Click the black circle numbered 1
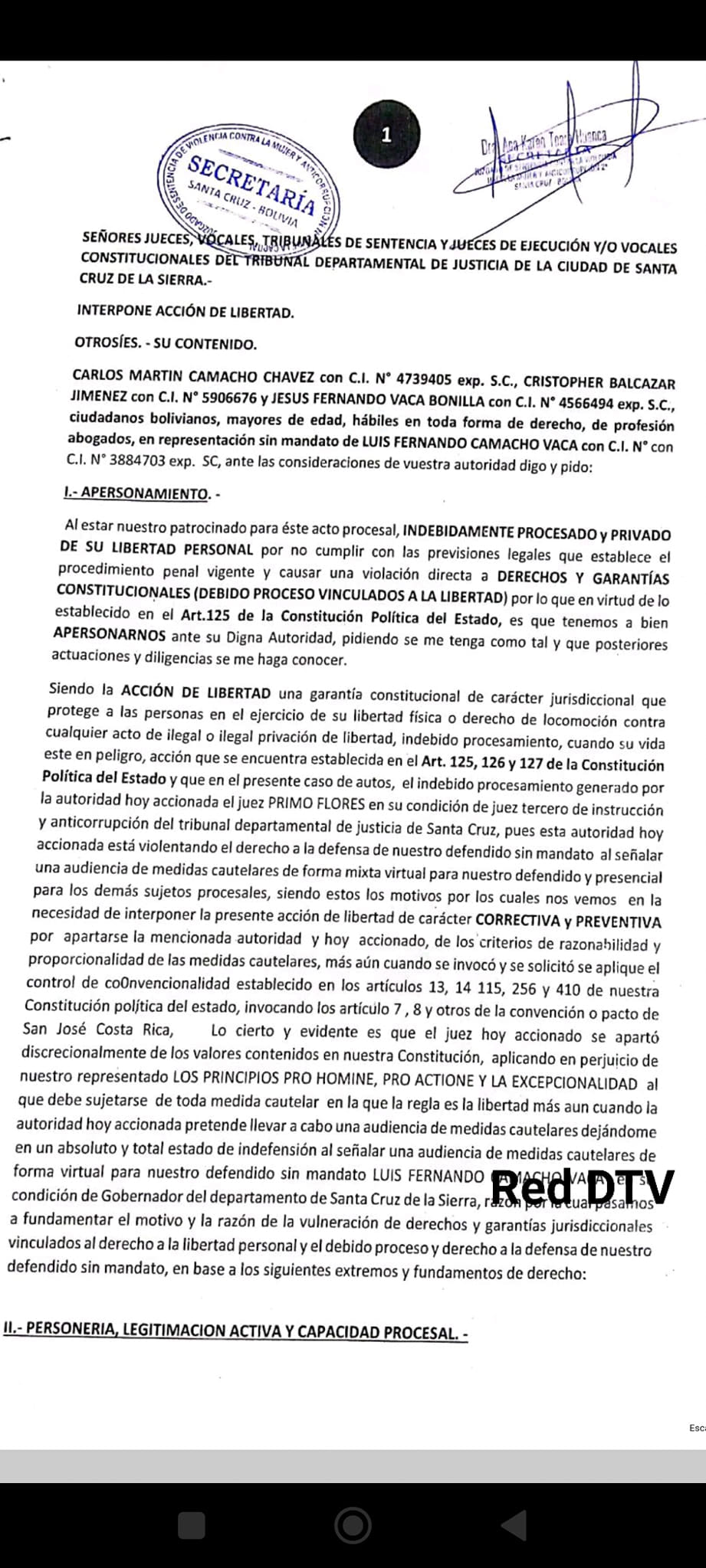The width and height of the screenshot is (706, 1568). point(386,135)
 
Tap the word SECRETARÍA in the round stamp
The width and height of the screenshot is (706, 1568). point(251,185)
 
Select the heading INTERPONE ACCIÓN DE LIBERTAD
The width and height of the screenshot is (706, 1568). point(186,312)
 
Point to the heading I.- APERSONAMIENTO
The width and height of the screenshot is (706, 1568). point(141,493)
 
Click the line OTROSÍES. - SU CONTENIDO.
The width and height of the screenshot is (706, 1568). point(166,343)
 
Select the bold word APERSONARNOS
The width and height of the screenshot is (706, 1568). point(110,635)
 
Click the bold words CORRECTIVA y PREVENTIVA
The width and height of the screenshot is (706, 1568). point(568,921)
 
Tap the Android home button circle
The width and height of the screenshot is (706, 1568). point(353,1524)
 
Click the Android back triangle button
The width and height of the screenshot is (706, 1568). point(514,1524)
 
